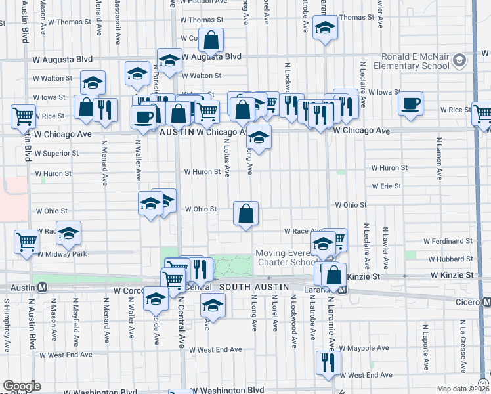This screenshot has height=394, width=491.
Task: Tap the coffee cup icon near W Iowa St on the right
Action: pyautogui.click(x=410, y=104)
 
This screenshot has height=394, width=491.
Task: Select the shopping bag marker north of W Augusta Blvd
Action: pyautogui.click(x=212, y=41)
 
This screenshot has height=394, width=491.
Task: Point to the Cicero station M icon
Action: pyautogui.click(x=486, y=301)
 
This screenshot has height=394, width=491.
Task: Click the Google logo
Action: pyautogui.click(x=22, y=386)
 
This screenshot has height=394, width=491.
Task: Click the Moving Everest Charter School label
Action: pyautogui.click(x=287, y=257)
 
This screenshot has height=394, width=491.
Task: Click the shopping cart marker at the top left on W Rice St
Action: pyautogui.click(x=23, y=116)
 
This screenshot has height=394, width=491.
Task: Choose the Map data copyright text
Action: pyautogui.click(x=463, y=389)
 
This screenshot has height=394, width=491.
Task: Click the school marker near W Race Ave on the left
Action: pyautogui.click(x=68, y=232)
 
